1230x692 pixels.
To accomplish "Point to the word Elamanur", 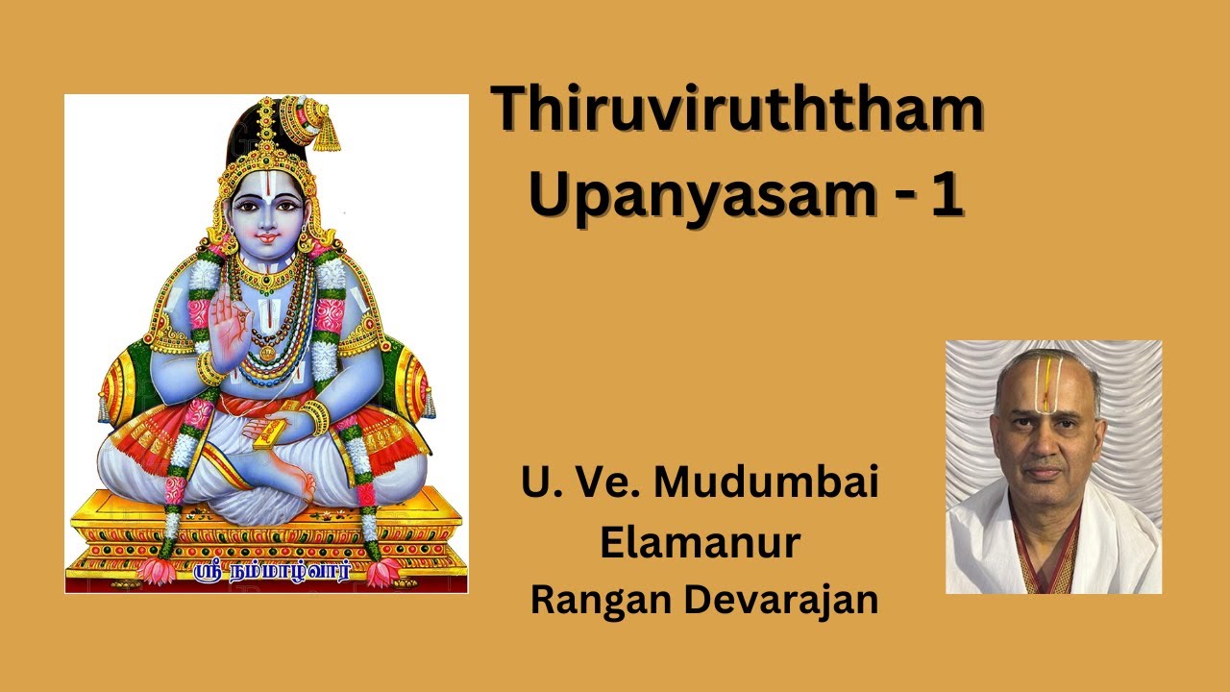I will point(700,543).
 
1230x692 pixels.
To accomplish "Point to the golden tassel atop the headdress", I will point(327,134).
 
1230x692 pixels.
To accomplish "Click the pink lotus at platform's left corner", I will point(156,570).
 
